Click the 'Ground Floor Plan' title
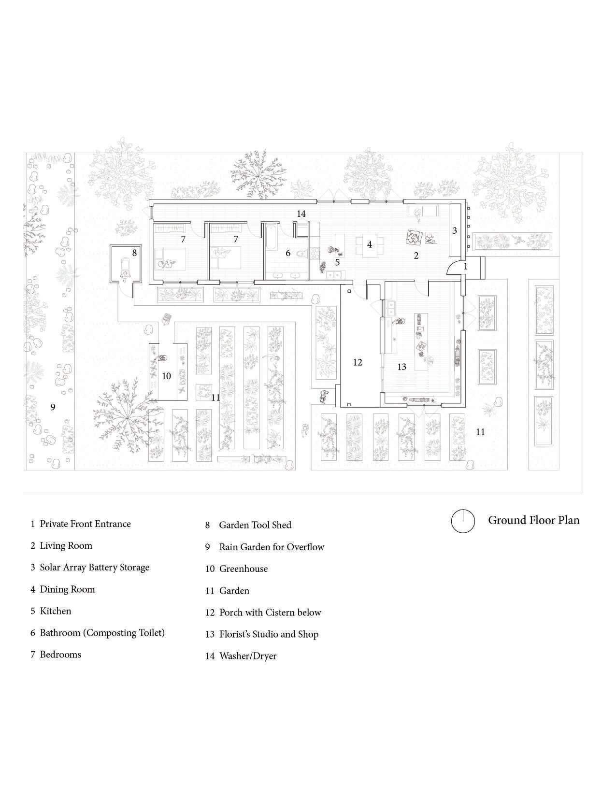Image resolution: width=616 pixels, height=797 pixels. pos(533,520)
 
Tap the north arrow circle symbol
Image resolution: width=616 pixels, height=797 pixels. pos(462,521)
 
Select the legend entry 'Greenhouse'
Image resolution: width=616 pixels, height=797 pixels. pos(243,569)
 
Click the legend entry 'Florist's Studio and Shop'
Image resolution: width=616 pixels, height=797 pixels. pos(269,634)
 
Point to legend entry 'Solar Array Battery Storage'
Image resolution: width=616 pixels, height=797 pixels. pos(94,567)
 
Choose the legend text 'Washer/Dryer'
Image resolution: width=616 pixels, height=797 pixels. pos(247,656)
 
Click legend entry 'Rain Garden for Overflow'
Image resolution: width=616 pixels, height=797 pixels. pos(271,547)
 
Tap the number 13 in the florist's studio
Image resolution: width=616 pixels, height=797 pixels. pos(402,367)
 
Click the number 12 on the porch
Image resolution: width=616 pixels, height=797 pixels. pos(358,362)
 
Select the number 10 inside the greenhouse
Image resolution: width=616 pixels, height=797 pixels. pos(166,376)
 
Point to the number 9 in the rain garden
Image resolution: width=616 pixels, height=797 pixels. pos(53,407)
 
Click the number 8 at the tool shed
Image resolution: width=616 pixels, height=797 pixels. pos(134,252)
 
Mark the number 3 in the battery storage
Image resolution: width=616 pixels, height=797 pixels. pos(455,231)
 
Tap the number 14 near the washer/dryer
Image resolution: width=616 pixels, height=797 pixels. pos(301,213)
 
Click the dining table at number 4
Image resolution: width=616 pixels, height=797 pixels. pos(370,245)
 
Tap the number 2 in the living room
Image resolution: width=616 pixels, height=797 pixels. pos(416,256)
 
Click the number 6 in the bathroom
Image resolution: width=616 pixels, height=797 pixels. pos(288,253)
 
